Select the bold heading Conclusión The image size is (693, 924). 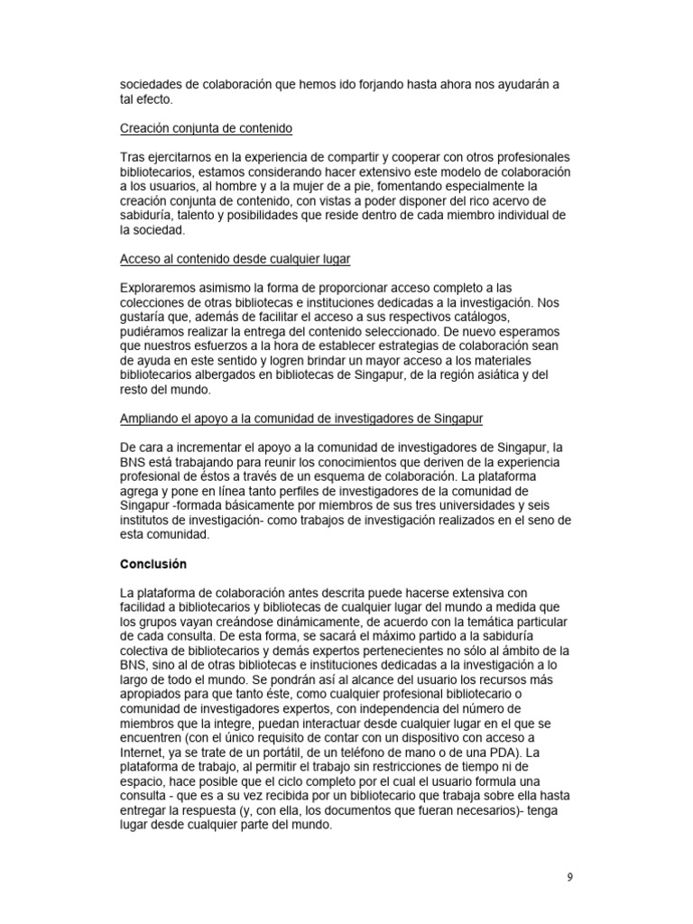153,564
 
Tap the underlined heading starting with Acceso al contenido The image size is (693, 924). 236,259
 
